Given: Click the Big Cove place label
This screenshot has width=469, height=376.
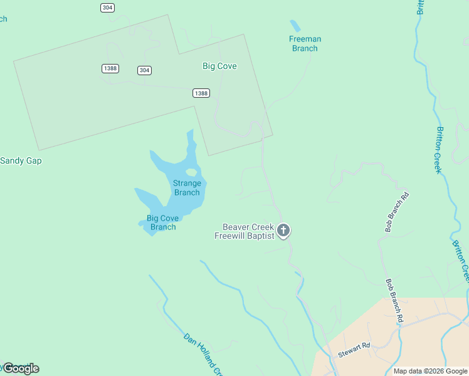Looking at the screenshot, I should coord(219,66).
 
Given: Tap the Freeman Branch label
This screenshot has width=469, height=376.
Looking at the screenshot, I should coord(305,43).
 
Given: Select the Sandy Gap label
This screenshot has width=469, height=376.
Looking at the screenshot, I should coord(21,160).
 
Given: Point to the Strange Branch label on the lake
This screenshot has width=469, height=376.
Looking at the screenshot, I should coord(187,187).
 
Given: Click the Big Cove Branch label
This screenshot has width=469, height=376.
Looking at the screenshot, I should coord(163,222).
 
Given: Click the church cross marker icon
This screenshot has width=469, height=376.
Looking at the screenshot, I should coord(283,231).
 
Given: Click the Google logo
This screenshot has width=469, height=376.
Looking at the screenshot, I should coord(21,368).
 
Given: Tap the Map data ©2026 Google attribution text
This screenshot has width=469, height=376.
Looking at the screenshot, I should coord(429,371).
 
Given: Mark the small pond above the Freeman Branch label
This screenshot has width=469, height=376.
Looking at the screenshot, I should coord(295,26).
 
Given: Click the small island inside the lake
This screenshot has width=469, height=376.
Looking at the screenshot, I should coord(192,172).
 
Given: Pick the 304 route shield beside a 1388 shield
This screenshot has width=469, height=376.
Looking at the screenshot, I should coord(144,70).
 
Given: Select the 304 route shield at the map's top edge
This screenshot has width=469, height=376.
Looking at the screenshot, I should coord(107,7).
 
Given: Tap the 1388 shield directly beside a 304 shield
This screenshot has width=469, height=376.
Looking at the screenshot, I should coord(110,68).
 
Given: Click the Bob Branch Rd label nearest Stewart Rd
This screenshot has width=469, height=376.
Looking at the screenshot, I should coord(394,301).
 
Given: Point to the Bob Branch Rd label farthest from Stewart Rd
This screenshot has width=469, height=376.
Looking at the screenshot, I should coord(397,212).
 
